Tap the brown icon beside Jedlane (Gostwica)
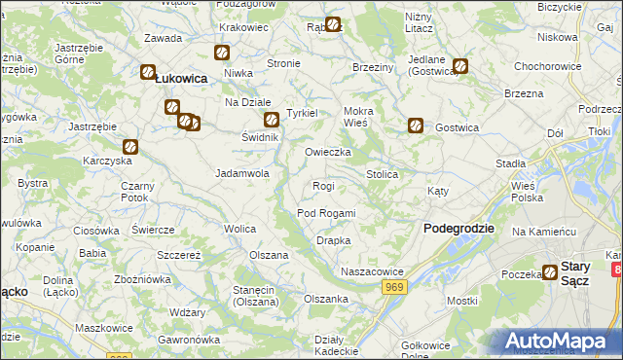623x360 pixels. point(460,67)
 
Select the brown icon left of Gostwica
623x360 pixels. point(415,126)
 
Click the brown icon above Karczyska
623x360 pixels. point(130,148)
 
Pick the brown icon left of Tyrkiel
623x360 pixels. point(271,121)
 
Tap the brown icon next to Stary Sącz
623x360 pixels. point(550,273)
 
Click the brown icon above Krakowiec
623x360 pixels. point(221,54)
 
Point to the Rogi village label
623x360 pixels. point(323,186)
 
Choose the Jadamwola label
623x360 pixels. point(241,173)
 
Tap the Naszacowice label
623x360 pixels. point(371,271)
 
